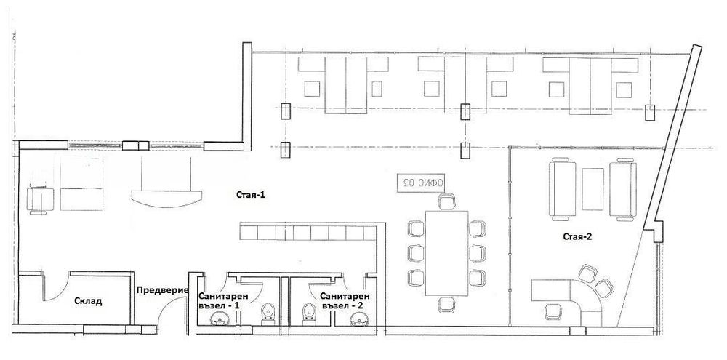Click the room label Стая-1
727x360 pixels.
pyautogui.click(x=250, y=195)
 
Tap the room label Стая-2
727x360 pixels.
pyautogui.click(x=578, y=236)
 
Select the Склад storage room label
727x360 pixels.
pyautogui.click(x=88, y=301)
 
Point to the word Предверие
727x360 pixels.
pyautogui.click(x=162, y=290)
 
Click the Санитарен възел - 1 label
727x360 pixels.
pyautogui.click(x=223, y=300)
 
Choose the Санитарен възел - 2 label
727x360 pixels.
pyautogui.click(x=345, y=300)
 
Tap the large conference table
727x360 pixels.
pyautogui.click(x=446, y=253)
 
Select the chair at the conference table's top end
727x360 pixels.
pyautogui.click(x=447, y=201)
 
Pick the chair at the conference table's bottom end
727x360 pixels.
pyautogui.click(x=446, y=305)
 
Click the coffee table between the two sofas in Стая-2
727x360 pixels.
pyautogui.click(x=593, y=189)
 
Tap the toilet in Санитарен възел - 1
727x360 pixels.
pyautogui.click(x=268, y=313)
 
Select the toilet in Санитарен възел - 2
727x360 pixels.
pyautogui.click(x=309, y=313)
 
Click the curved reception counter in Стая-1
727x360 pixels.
pyautogui.click(x=166, y=198)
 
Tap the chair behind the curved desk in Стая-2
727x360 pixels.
pyautogui.click(x=553, y=311)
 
